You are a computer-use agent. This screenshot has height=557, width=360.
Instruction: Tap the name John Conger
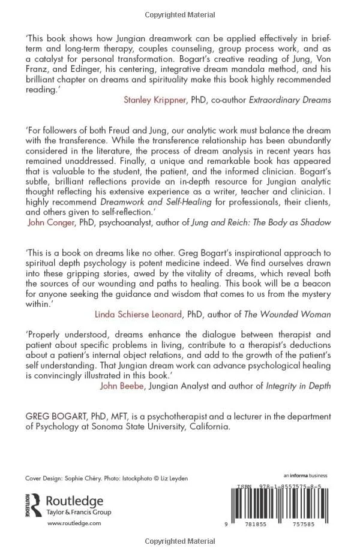pyautogui.click(x=51, y=221)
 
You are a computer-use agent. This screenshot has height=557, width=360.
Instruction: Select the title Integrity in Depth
pyautogui.click(x=298, y=386)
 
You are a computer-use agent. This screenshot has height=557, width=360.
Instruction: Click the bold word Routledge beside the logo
pyautogui.click(x=75, y=501)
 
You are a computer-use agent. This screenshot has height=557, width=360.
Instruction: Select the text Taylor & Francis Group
pyautogui.click(x=79, y=512)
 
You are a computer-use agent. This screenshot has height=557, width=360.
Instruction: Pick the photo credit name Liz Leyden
pyautogui.click(x=173, y=478)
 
